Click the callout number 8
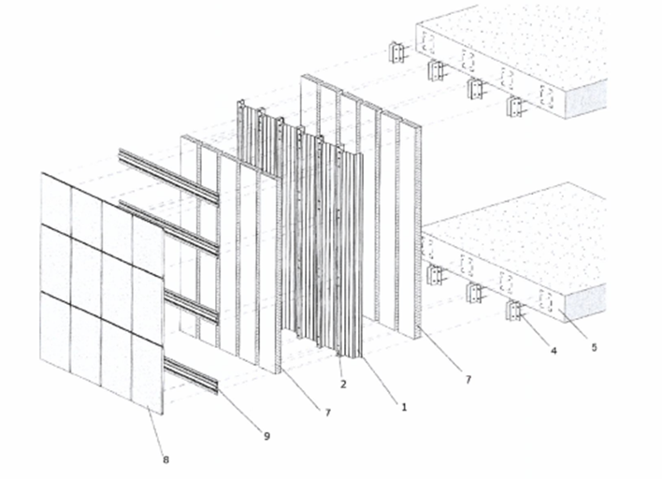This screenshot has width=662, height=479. [165, 459]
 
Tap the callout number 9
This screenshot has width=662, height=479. [266, 436]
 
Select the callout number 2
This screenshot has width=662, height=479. [343, 384]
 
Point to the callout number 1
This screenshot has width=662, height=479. [404, 407]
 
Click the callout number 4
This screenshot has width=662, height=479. [554, 350]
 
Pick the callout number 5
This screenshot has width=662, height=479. [594, 347]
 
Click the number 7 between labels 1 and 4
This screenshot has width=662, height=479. [468, 380]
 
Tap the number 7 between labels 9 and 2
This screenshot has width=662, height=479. [328, 413]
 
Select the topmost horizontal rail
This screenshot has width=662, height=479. [169, 175]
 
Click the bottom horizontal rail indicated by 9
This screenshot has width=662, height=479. [192, 374]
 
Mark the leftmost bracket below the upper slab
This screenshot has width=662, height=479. [396, 52]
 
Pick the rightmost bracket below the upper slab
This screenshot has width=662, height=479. [515, 107]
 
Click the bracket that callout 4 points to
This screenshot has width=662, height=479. [514, 311]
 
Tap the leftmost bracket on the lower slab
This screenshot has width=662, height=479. [435, 275]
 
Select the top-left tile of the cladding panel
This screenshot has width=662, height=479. [56, 198]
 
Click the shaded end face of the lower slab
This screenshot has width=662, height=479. [585, 303]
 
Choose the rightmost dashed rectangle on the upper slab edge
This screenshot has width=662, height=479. [546, 96]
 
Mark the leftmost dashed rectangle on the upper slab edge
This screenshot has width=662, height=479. [428, 43]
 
